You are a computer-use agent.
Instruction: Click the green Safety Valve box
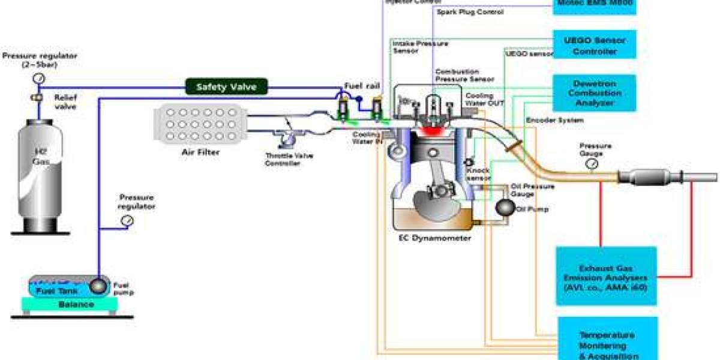point(226,87)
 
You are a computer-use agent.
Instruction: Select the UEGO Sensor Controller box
point(594,46)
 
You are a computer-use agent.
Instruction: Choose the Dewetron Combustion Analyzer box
point(595,93)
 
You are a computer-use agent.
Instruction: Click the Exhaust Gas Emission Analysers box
point(605,277)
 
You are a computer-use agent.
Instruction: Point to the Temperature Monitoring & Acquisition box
point(607,341)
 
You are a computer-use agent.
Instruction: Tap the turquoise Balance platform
point(76,304)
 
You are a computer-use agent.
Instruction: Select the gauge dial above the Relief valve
point(38,77)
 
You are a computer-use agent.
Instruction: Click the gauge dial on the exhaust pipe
point(593,164)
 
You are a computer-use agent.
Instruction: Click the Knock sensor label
point(479,174)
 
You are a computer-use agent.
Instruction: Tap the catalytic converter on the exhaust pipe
point(650,177)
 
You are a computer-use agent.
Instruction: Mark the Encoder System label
point(554,120)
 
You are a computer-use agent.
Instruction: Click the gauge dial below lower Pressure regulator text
point(127,221)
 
